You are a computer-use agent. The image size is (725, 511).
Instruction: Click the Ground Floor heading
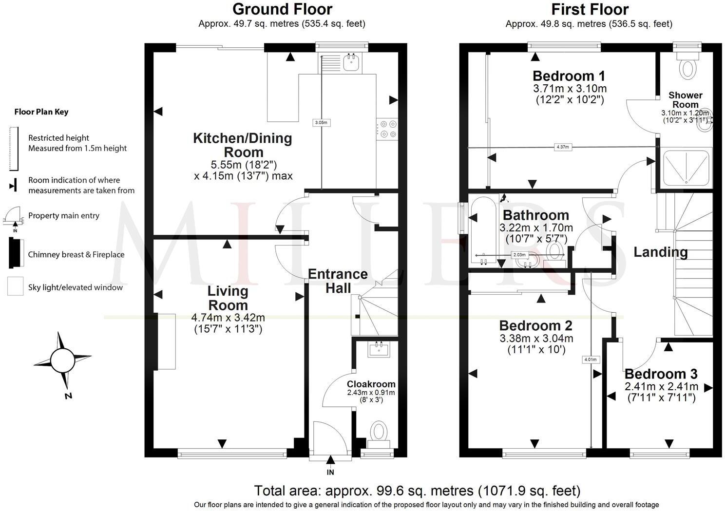click(x=282, y=9)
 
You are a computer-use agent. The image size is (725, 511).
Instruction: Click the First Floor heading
click(x=590, y=9)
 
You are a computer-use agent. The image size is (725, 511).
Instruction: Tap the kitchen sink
click(x=351, y=62)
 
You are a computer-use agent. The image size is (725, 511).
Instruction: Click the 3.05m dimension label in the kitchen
click(x=321, y=123)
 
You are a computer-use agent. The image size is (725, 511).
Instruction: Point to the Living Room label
click(x=228, y=298)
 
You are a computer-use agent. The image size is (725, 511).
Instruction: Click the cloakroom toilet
click(x=378, y=432)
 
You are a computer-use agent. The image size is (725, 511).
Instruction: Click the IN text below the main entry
click(x=330, y=472)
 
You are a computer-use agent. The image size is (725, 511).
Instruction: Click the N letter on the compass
click(x=68, y=396)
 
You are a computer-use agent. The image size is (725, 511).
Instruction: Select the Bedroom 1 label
click(x=569, y=76)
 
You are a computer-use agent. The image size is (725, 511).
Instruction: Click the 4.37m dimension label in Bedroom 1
click(x=562, y=147)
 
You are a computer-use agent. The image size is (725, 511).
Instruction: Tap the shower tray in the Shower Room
click(x=686, y=167)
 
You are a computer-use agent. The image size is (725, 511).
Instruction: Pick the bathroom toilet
click(x=554, y=252)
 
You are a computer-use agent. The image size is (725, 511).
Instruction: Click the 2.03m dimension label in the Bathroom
click(x=519, y=255)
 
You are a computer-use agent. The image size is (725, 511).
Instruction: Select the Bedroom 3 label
click(x=661, y=374)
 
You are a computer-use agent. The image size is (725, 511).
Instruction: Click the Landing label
click(x=660, y=252)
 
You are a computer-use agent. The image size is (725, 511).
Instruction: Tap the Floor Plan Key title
click(x=41, y=112)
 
